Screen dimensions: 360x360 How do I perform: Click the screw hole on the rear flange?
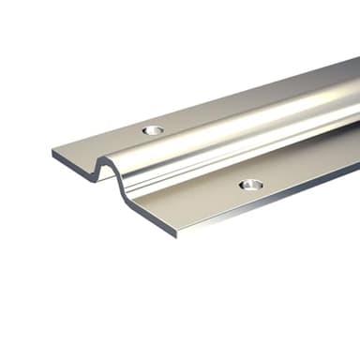click(x=153, y=129)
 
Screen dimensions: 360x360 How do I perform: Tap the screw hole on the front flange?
click(x=248, y=185)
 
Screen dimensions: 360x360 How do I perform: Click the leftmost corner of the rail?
click(x=52, y=152)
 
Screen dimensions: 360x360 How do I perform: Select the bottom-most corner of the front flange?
click(x=175, y=234)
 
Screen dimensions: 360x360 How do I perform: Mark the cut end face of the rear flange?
click(x=75, y=165)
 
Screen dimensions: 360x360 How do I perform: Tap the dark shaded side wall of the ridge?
click(x=234, y=155)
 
